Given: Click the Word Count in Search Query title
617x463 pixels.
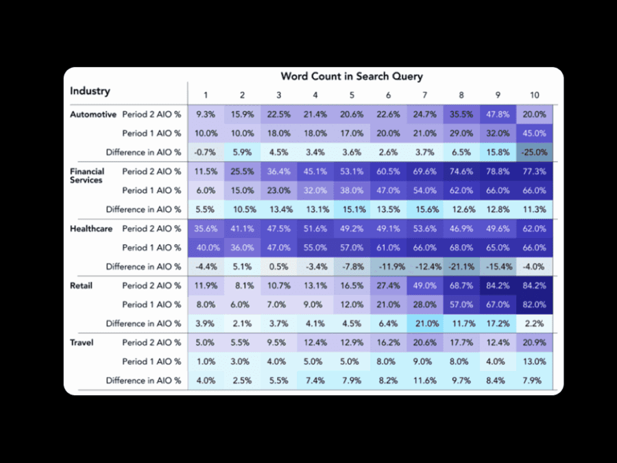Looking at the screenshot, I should click(352, 76).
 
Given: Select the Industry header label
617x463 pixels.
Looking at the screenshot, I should click(90, 91).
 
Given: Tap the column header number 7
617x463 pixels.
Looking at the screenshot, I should click(425, 95).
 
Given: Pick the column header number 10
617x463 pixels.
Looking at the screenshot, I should click(535, 95).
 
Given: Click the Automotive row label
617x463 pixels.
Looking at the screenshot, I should click(93, 115).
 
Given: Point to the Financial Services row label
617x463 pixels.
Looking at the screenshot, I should click(87, 176).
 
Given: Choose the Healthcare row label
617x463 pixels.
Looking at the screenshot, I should click(91, 228).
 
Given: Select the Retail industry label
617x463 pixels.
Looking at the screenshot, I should click(81, 285).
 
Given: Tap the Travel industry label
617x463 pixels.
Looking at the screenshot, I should click(82, 342).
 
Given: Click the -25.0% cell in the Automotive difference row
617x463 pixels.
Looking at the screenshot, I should click(535, 152).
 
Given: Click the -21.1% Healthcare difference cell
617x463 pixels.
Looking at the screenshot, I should click(461, 266).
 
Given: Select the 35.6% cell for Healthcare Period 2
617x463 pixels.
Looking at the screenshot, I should click(206, 228).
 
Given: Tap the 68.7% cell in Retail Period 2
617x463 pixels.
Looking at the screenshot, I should click(461, 285).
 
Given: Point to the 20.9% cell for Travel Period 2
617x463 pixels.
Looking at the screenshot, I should click(535, 342).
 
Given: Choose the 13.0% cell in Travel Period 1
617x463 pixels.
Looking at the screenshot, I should click(535, 361).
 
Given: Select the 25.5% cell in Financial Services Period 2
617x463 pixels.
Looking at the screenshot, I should click(242, 171).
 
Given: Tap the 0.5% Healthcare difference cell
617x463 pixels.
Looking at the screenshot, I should click(279, 266).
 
